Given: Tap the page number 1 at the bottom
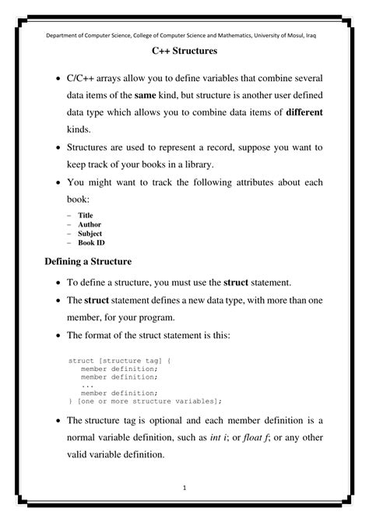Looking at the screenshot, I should tap(184, 488).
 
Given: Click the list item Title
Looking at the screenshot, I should tap(85, 215).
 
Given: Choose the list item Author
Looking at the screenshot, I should tap(89, 224).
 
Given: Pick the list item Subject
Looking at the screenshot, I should tap(90, 234).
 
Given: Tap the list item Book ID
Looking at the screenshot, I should tap(91, 243).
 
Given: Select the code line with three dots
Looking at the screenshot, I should tap(86, 385).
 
